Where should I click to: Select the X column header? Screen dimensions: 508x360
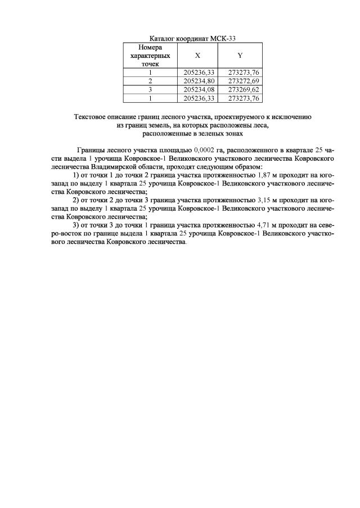(197, 56)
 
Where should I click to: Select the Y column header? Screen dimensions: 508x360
(240, 56)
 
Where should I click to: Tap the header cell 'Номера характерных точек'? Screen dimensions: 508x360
(150, 56)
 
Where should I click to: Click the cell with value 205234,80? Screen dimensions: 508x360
(197, 80)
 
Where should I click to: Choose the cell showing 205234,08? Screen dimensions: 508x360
(197, 89)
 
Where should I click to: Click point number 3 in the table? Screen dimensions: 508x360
(150, 89)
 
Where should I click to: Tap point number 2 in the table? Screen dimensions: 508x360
(150, 80)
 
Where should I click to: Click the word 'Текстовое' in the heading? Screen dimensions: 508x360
(90, 117)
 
